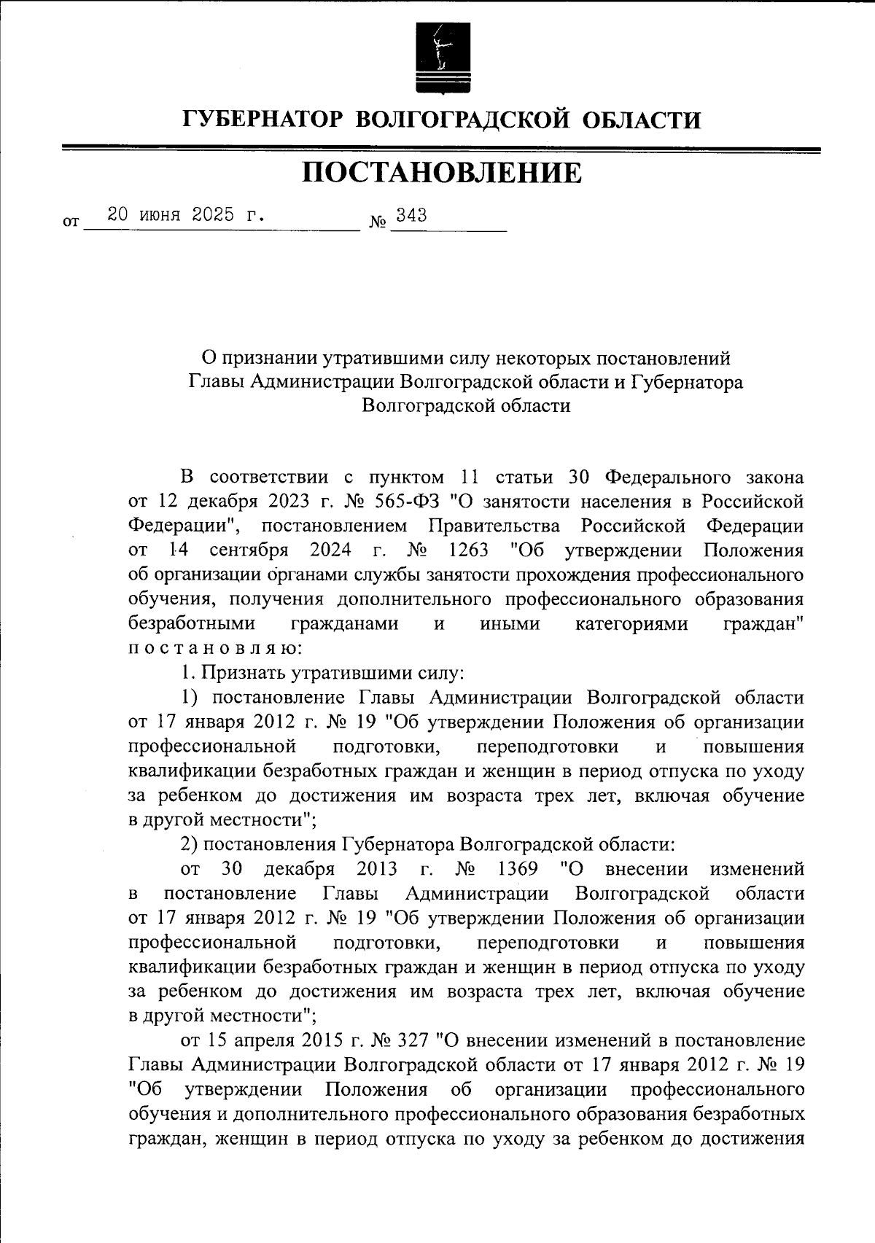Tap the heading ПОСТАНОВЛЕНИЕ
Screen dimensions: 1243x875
442,174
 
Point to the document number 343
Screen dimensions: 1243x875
411,216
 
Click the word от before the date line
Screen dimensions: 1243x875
71,222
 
